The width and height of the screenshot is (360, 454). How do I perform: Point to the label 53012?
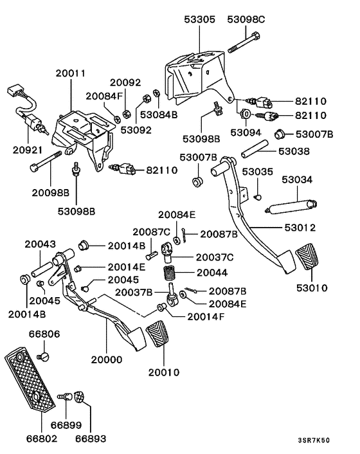click(300, 228)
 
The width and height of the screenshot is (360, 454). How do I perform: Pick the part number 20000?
click(106, 360)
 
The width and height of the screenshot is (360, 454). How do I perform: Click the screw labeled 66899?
click(65, 400)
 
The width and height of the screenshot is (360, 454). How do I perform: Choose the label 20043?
click(40, 244)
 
